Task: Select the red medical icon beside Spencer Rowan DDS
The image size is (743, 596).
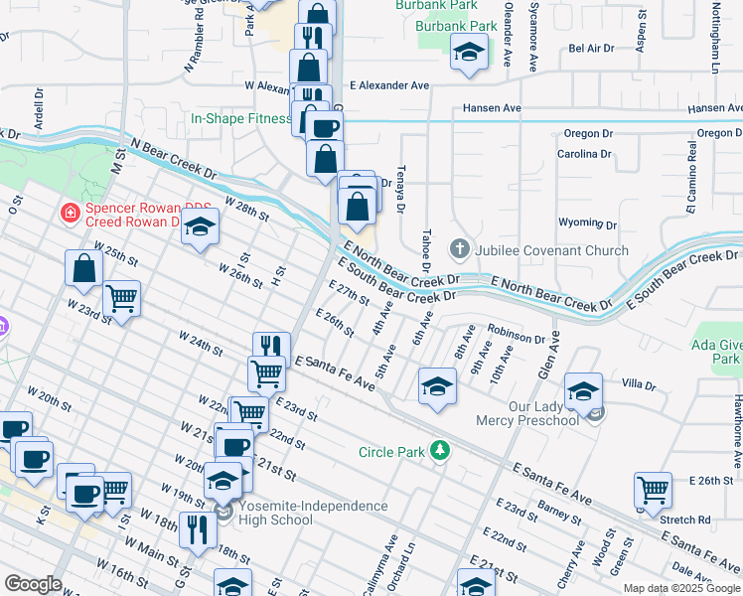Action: point(70,212)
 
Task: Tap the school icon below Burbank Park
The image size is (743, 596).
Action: point(469,54)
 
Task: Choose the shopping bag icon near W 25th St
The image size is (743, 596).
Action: point(84,268)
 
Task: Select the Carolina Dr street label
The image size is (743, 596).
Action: point(584,154)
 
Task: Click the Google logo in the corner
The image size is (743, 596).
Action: point(33,584)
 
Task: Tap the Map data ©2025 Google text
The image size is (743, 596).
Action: point(680,588)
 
